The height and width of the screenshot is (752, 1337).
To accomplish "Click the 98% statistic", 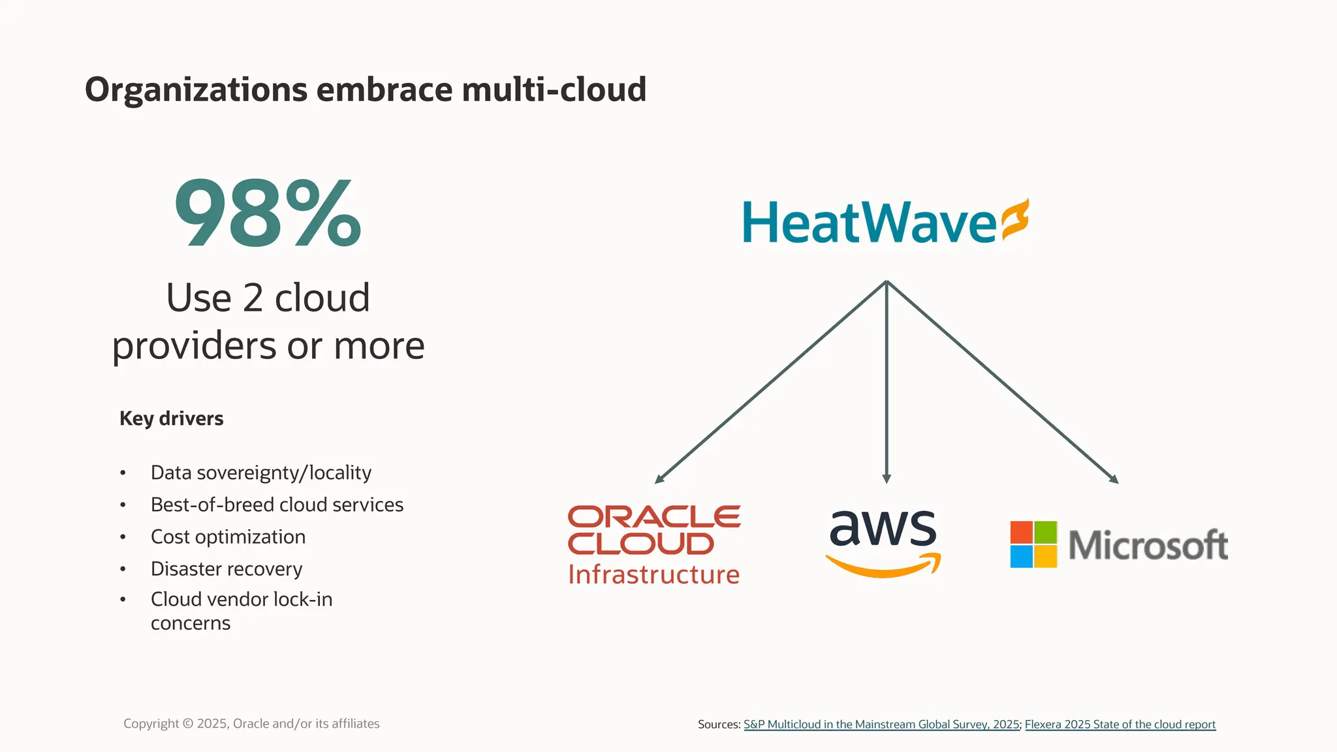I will tap(268, 213).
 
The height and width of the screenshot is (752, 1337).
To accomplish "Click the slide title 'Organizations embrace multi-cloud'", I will tap(366, 89).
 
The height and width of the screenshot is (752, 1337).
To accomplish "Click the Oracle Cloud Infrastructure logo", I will tap(654, 544).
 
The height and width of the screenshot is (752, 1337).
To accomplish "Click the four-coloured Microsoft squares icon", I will tap(1033, 544).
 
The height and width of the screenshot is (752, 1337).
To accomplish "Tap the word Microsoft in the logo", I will tap(1148, 545).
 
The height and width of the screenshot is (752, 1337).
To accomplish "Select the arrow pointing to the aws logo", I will tap(887, 385).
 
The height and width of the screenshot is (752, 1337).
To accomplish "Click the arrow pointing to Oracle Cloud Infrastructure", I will tap(770, 383).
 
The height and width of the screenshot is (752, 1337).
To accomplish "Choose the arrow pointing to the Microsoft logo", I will tap(1003, 383).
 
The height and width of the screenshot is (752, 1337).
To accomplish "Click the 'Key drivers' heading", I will tap(171, 418).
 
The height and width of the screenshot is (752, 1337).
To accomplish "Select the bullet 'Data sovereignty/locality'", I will tap(261, 473).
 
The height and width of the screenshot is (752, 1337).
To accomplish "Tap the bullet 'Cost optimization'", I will tap(228, 537).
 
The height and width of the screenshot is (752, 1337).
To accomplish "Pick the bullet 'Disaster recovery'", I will tap(227, 569).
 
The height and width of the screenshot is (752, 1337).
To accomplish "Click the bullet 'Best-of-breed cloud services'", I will tap(277, 505).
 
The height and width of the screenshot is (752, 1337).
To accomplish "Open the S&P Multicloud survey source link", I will tap(881, 725).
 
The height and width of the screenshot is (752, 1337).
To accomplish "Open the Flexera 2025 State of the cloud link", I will tap(1120, 725).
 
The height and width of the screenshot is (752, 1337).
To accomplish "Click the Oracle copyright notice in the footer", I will tap(251, 723).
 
